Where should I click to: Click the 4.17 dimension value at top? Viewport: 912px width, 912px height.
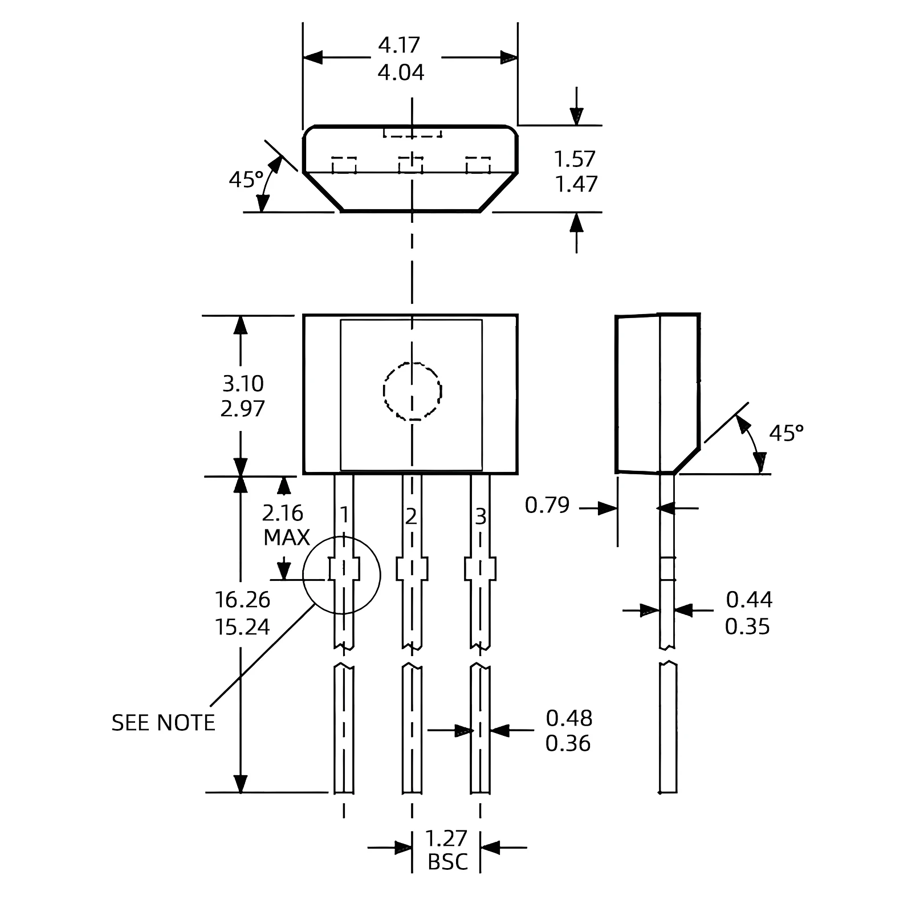pos(399,45)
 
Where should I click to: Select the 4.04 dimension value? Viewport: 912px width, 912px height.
pos(401,72)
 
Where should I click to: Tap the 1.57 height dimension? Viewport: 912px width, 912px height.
pos(575,158)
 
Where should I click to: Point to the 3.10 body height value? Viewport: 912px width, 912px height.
pos(243,384)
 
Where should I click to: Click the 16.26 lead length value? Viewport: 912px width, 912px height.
pos(242,600)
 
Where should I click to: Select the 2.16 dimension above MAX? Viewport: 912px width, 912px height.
pos(283,514)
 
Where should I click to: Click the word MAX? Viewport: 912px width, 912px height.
pos(286,538)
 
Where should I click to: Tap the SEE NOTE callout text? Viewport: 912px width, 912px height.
pos(163,723)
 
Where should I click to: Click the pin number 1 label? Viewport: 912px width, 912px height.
pos(344,515)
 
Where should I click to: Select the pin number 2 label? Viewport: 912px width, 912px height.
pos(411,516)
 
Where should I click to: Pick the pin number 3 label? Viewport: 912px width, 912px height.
pos(481,517)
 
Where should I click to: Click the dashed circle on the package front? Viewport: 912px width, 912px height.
pos(412,391)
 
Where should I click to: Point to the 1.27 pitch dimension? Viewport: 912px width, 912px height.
pos(446,838)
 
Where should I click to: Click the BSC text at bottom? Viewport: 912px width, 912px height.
pos(447,862)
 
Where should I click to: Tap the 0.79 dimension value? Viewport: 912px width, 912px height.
pos(547,505)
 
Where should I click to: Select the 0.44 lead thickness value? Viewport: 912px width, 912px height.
pos(749,600)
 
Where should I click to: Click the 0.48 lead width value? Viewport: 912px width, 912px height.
pos(569,718)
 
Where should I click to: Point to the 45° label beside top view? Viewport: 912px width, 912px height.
pos(246,180)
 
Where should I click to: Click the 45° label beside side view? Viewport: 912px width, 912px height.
pos(786,433)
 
